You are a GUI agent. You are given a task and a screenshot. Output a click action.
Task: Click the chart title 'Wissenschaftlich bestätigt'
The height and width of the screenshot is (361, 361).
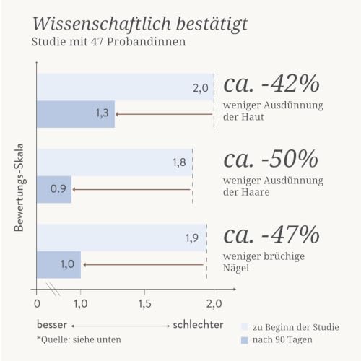tap(140, 25)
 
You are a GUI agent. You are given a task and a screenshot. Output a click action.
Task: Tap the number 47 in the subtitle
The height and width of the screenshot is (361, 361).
tap(97, 42)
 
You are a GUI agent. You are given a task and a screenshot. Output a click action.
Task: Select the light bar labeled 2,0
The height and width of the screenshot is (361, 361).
tap(125, 87)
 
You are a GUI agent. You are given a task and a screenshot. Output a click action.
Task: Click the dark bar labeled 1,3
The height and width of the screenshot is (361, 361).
tap(76, 114)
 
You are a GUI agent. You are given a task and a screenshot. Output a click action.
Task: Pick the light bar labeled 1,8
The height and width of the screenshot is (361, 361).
tap(115, 162)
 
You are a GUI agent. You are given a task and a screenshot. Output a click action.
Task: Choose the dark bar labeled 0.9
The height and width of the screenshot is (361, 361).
tap(54, 189)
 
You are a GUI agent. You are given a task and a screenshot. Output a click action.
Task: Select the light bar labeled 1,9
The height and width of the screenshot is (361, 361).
tap(122, 238)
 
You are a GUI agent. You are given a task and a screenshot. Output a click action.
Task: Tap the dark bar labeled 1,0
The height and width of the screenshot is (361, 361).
tap(58, 265)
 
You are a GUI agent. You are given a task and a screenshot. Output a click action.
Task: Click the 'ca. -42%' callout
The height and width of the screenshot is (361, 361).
tap(271, 84)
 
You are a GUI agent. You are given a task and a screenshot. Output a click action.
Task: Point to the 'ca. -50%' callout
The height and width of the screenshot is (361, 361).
tap(271, 159)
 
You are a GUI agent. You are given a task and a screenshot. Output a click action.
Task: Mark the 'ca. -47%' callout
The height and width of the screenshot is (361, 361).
tap(271, 235)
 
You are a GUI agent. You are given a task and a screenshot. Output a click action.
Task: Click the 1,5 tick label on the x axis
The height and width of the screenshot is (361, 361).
tap(145, 304)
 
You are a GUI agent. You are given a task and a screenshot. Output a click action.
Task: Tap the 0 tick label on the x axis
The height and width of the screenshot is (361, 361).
tap(37, 304)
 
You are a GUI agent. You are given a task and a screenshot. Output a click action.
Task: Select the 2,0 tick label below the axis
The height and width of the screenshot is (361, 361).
tap(214, 304)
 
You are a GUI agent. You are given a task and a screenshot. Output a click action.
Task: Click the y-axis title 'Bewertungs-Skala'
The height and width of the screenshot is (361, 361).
tap(19, 188)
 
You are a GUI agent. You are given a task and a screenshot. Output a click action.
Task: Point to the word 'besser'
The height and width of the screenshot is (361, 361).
tap(52, 325)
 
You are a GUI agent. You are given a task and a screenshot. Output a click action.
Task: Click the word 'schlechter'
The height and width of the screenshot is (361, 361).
tap(199, 325)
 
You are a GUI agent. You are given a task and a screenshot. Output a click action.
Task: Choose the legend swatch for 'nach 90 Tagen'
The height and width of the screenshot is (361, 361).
tap(245, 340)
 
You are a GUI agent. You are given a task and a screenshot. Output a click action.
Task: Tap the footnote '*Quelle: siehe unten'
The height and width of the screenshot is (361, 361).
tap(79, 339)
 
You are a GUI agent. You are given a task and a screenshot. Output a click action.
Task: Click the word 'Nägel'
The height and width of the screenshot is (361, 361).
tap(236, 268)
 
